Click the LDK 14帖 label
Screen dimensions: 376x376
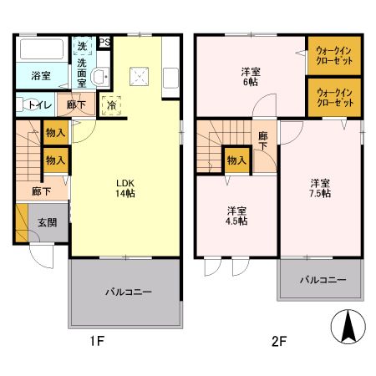coord(126,188)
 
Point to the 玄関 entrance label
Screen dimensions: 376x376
coord(47,222)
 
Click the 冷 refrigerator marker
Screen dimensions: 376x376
coord(111,106)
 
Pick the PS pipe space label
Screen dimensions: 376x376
coord(105,43)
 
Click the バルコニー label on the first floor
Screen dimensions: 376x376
coord(127,292)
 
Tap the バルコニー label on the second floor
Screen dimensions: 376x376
coord(323,280)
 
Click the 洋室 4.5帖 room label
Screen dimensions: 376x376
coord(236,215)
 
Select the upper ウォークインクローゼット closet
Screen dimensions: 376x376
coord(334,56)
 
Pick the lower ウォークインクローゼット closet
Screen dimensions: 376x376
coord(334,97)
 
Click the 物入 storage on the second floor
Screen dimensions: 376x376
coord(236,159)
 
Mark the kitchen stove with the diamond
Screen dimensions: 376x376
coord(140,77)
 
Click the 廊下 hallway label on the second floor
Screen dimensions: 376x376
coord(264,140)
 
